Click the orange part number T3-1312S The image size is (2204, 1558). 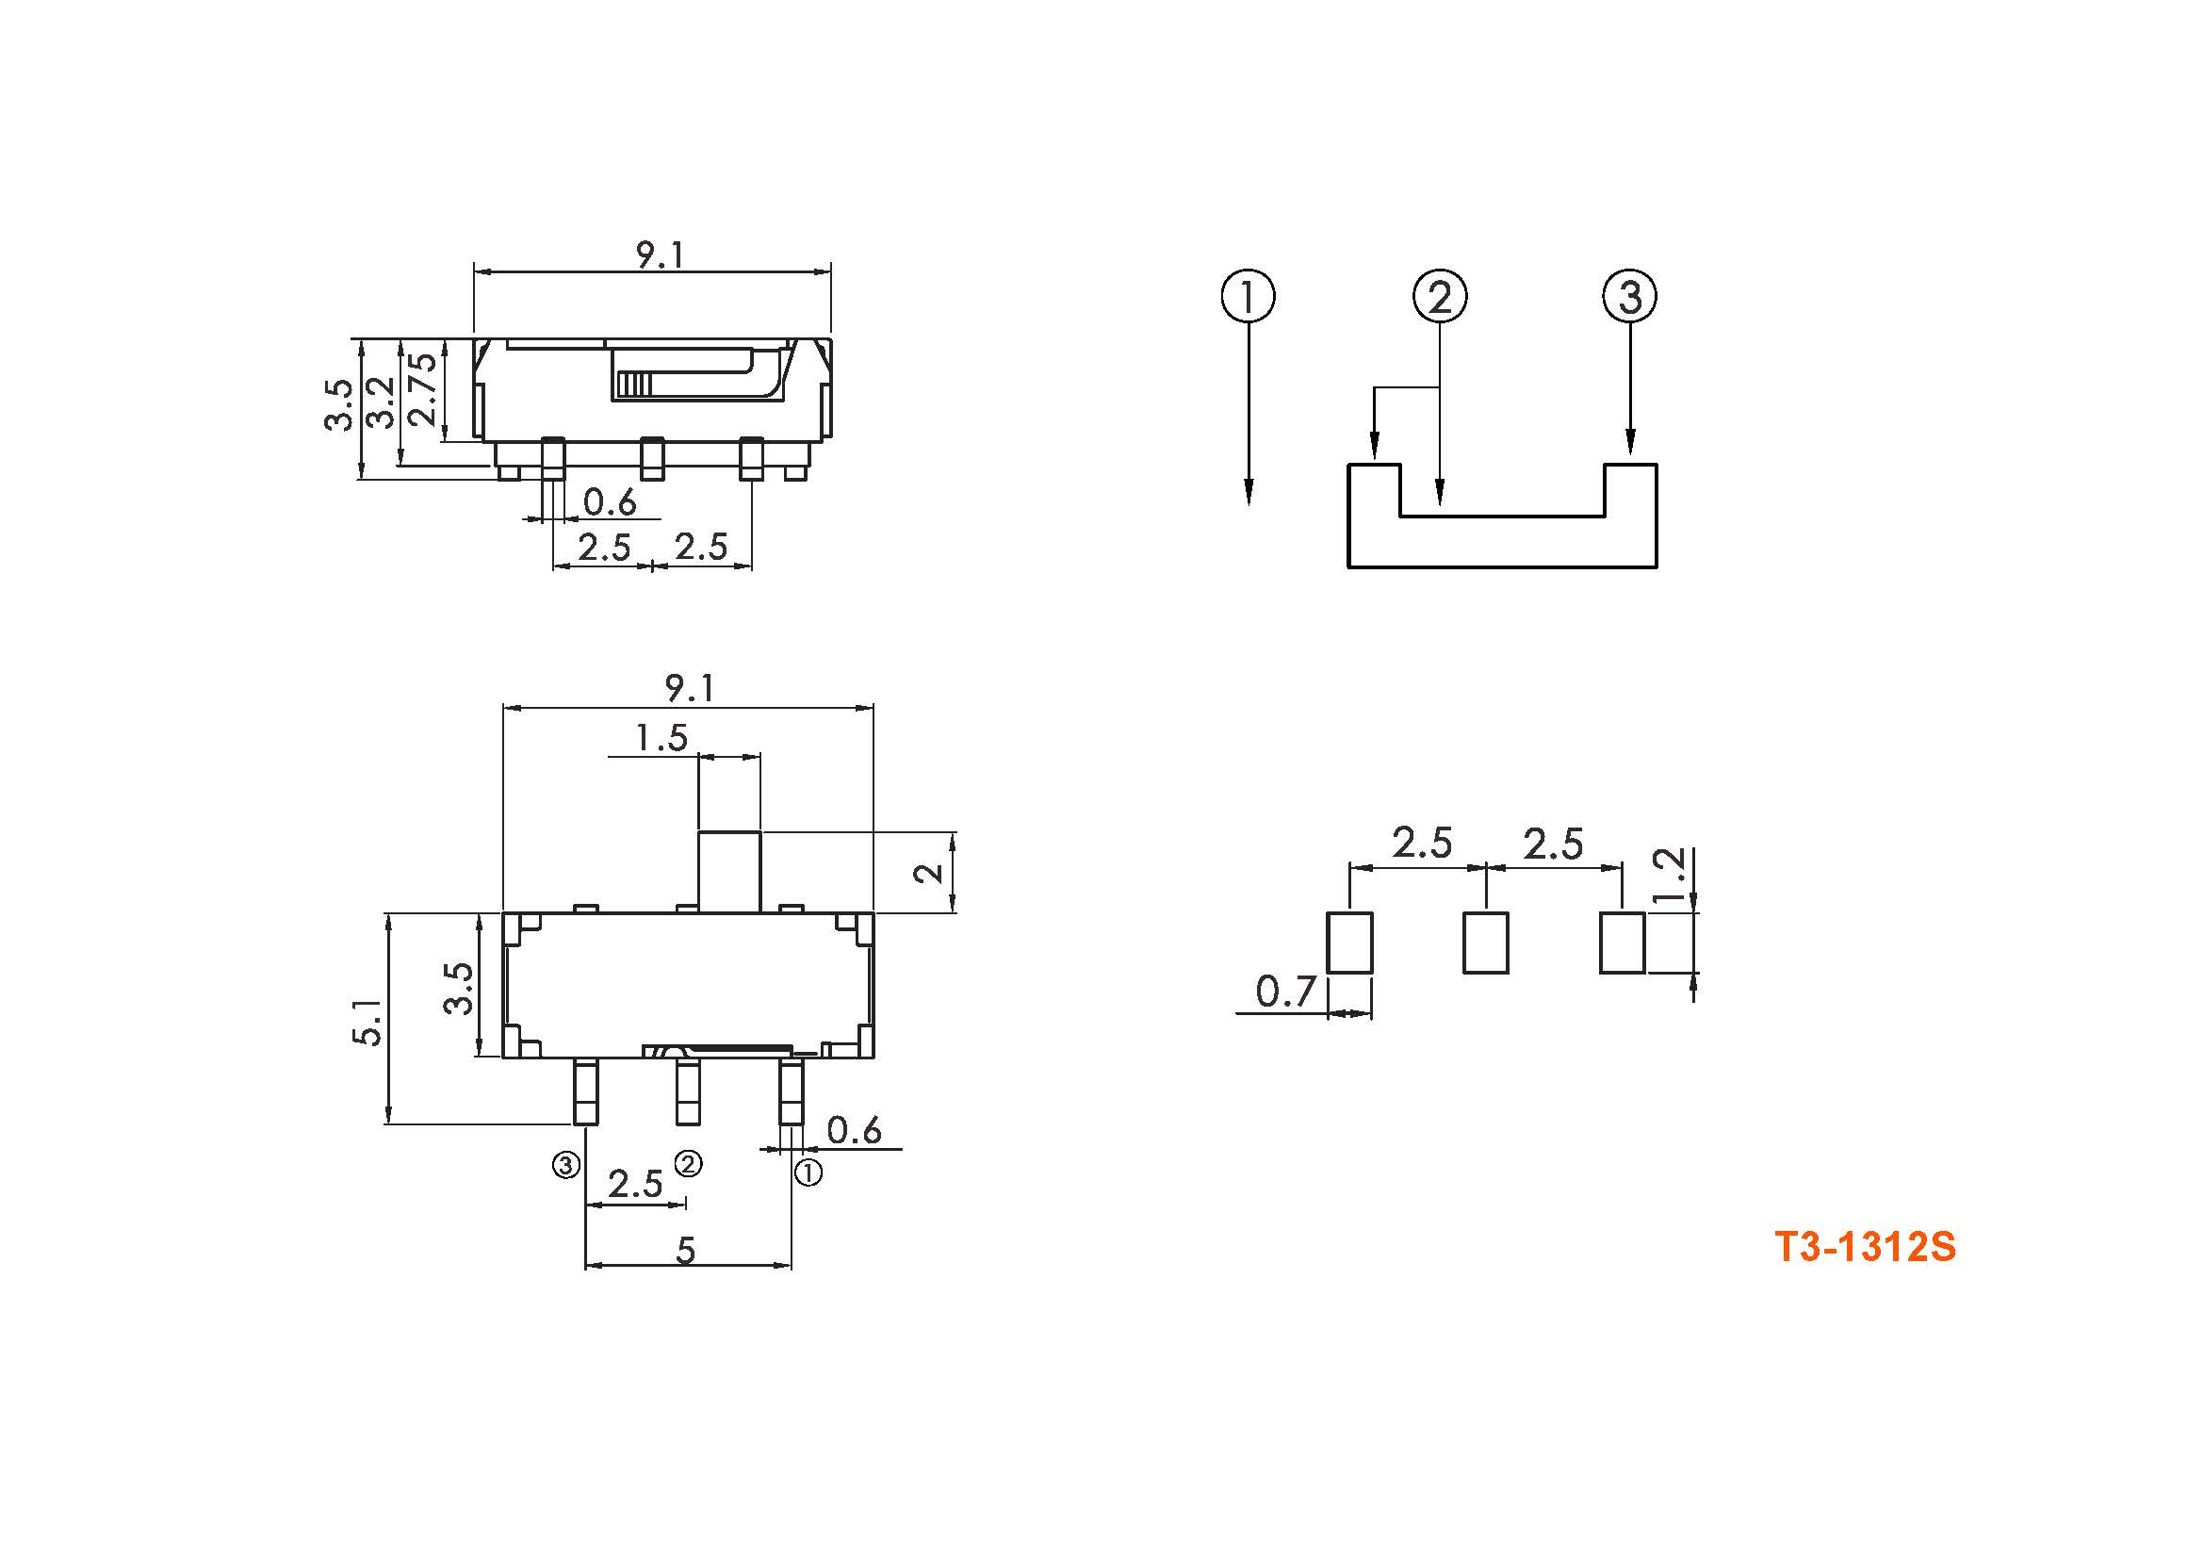(x=1865, y=1247)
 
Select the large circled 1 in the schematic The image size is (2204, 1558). (x=1248, y=296)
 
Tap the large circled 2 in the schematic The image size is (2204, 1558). (x=1440, y=296)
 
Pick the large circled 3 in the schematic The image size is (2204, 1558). (x=1630, y=296)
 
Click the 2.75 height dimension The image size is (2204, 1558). (x=423, y=388)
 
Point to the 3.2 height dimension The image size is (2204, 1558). (x=382, y=403)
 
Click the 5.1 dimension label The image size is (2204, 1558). (x=369, y=1022)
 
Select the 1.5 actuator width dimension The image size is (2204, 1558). (x=661, y=737)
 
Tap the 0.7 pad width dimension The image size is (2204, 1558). (x=1285, y=992)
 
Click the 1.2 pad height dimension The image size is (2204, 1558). (x=1672, y=875)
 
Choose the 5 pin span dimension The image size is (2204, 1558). (x=685, y=1250)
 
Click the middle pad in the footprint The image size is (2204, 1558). (x=1486, y=943)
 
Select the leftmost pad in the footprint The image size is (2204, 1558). (x=1349, y=943)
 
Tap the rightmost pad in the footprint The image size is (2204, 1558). (x=1623, y=943)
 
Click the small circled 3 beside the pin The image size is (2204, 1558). (x=565, y=1165)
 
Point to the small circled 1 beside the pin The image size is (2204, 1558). (x=808, y=1173)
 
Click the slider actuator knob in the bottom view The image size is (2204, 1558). (x=728, y=872)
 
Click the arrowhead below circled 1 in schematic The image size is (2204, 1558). (x=1248, y=491)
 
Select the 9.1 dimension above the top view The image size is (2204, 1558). (x=661, y=254)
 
